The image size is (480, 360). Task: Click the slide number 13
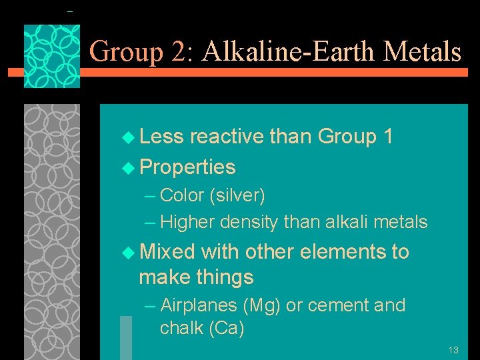pyautogui.click(x=453, y=350)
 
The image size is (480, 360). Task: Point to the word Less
pyautogui.click(x=163, y=137)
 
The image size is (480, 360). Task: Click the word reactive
pyautogui.click(x=227, y=137)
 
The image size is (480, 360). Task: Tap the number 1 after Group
pyautogui.click(x=388, y=137)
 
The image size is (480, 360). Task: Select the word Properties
pyautogui.click(x=188, y=167)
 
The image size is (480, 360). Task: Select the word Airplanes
pyautogui.click(x=199, y=305)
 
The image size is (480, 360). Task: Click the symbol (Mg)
pyautogui.click(x=263, y=305)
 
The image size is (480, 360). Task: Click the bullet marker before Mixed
pyautogui.click(x=129, y=253)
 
